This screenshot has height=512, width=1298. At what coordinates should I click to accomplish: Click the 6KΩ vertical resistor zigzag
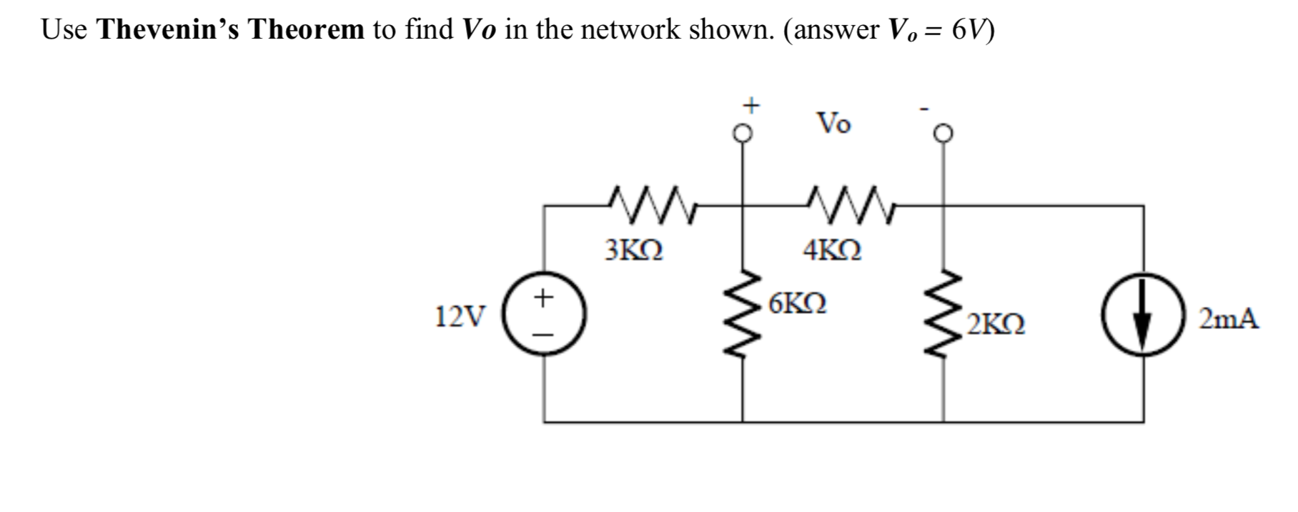click(x=743, y=315)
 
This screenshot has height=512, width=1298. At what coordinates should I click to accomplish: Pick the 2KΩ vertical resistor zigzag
click(x=944, y=315)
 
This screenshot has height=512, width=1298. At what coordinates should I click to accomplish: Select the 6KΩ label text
click(x=798, y=304)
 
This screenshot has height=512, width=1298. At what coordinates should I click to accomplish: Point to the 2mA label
click(x=1229, y=318)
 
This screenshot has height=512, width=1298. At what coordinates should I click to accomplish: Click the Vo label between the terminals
click(x=833, y=124)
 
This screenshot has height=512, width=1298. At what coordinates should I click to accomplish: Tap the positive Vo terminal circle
click(x=743, y=133)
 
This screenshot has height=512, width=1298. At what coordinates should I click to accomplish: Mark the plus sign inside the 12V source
click(x=545, y=296)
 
